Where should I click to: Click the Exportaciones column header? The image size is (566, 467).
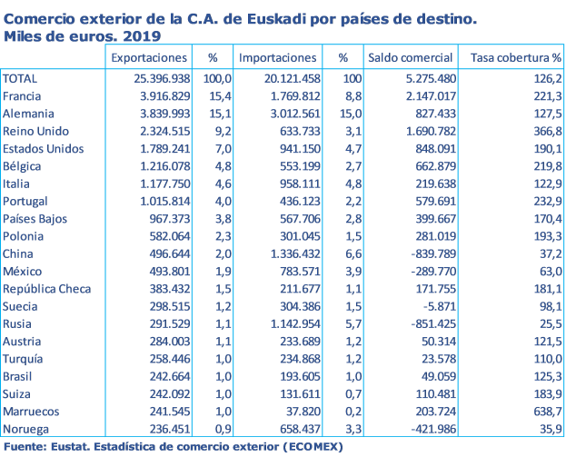coord(148,58)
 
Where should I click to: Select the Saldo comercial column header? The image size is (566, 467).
coord(409,58)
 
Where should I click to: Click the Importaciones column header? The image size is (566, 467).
coord(278,58)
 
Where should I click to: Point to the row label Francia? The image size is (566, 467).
coord(25,96)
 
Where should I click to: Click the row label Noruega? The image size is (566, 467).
coord(27,429)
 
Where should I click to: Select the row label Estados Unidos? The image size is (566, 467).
coord(44,149)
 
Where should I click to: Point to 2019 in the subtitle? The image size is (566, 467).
coord(143,37)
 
